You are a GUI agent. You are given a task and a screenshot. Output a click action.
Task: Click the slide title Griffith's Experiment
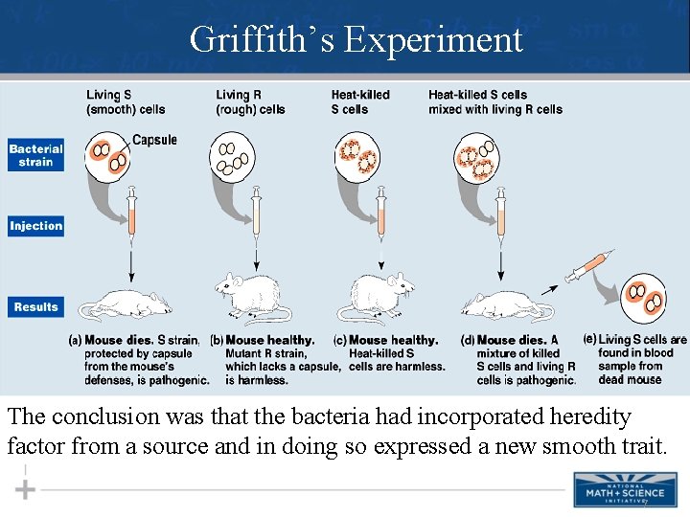(356, 40)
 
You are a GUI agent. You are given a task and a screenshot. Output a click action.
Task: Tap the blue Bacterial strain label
(36, 155)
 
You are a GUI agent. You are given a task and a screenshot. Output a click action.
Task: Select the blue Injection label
(36, 227)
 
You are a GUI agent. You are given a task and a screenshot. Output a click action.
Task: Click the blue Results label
(36, 307)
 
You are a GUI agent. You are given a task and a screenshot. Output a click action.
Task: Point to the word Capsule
(154, 141)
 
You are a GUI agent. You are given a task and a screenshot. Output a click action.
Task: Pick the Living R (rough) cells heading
(250, 101)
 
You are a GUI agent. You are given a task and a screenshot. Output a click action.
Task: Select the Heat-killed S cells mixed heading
(494, 101)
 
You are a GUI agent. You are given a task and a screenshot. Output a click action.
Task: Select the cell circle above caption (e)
(644, 302)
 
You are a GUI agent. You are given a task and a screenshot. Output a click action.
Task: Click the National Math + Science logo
(617, 489)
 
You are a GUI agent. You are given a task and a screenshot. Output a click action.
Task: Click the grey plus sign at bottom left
(25, 489)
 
